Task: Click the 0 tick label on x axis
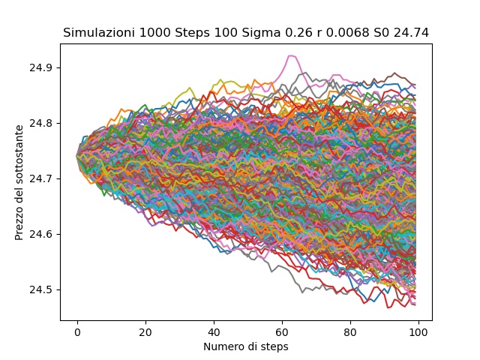(77, 331)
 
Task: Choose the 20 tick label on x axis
(145, 331)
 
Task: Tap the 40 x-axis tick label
(214, 331)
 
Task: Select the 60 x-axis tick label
(282, 331)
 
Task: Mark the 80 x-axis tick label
(350, 331)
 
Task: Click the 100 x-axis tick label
(418, 331)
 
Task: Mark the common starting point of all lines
(77, 156)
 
